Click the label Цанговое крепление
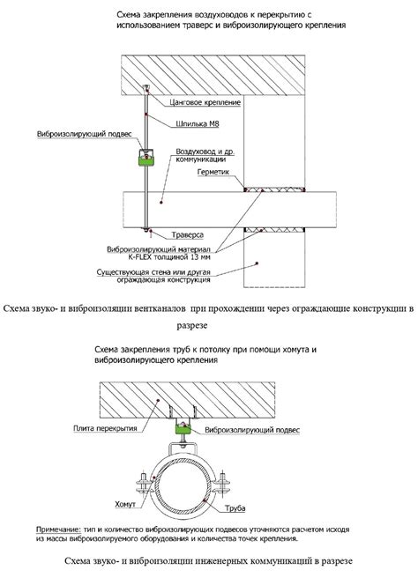point(205,102)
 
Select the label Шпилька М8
point(198,123)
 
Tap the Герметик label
point(213,172)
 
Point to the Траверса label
point(188,235)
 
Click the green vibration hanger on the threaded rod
point(146,158)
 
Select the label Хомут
point(125,505)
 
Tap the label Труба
point(235,508)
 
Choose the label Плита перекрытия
point(105,428)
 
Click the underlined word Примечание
point(58,529)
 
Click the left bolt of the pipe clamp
point(143,484)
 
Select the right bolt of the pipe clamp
point(222,484)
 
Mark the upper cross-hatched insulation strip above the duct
point(274,190)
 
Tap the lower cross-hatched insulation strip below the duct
point(274,230)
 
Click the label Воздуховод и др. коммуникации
point(205,156)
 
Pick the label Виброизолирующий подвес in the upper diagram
point(85,134)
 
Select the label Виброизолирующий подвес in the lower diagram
point(252,430)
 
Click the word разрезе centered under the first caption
point(192,325)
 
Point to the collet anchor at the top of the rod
point(146,88)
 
